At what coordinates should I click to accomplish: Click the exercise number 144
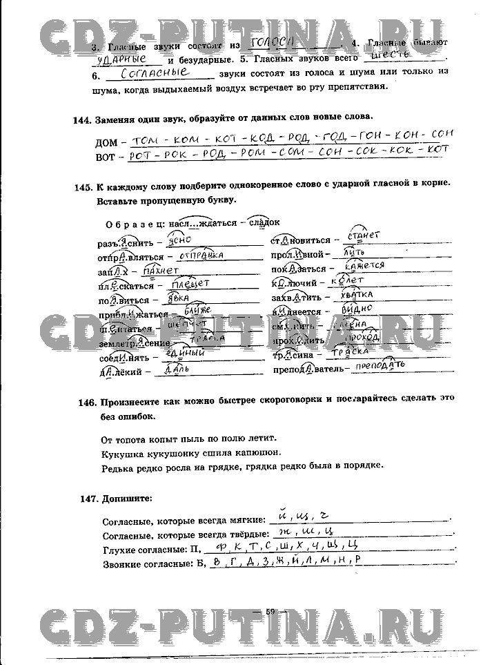[x=81, y=120]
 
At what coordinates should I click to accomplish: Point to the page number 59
[x=270, y=611]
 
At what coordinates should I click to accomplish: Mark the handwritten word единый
[x=186, y=354]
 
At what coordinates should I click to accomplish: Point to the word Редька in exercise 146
[x=117, y=466]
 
